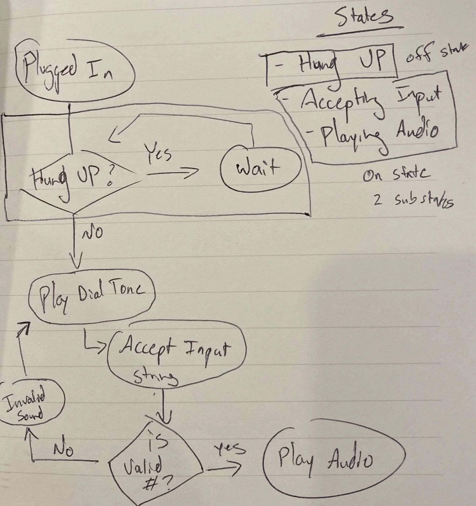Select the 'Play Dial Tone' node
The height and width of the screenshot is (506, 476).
(92, 297)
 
